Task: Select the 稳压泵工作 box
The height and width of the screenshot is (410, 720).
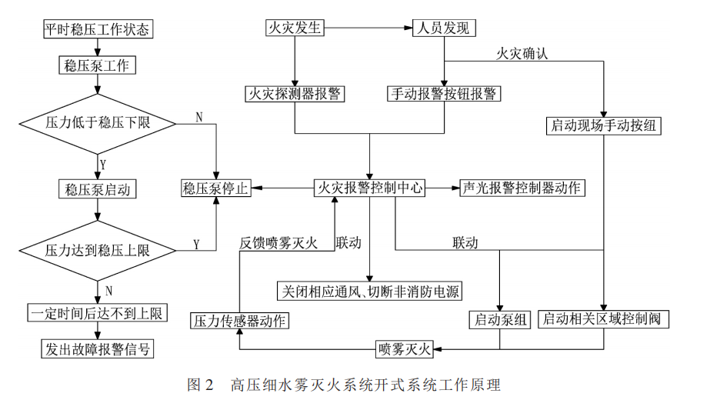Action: click(97, 65)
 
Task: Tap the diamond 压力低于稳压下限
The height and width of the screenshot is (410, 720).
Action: click(98, 123)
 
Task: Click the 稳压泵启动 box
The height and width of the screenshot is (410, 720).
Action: click(98, 188)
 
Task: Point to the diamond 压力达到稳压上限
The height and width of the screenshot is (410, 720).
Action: click(98, 250)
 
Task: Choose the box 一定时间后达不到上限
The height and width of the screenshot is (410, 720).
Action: click(97, 313)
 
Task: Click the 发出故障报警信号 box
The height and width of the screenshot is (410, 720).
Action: click(97, 348)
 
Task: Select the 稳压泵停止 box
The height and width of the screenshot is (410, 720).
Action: click(215, 188)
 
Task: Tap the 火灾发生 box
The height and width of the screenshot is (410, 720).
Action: click(294, 28)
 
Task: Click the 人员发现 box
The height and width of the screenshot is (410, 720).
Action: click(444, 28)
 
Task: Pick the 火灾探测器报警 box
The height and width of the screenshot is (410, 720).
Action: click(294, 94)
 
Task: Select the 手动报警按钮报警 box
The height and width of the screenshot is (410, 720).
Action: click(443, 94)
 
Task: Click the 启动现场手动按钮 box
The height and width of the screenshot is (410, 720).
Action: click(605, 125)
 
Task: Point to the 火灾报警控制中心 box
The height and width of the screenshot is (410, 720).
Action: click(370, 188)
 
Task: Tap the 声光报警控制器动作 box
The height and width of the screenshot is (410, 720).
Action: click(522, 188)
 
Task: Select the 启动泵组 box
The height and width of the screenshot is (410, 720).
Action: click(500, 319)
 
